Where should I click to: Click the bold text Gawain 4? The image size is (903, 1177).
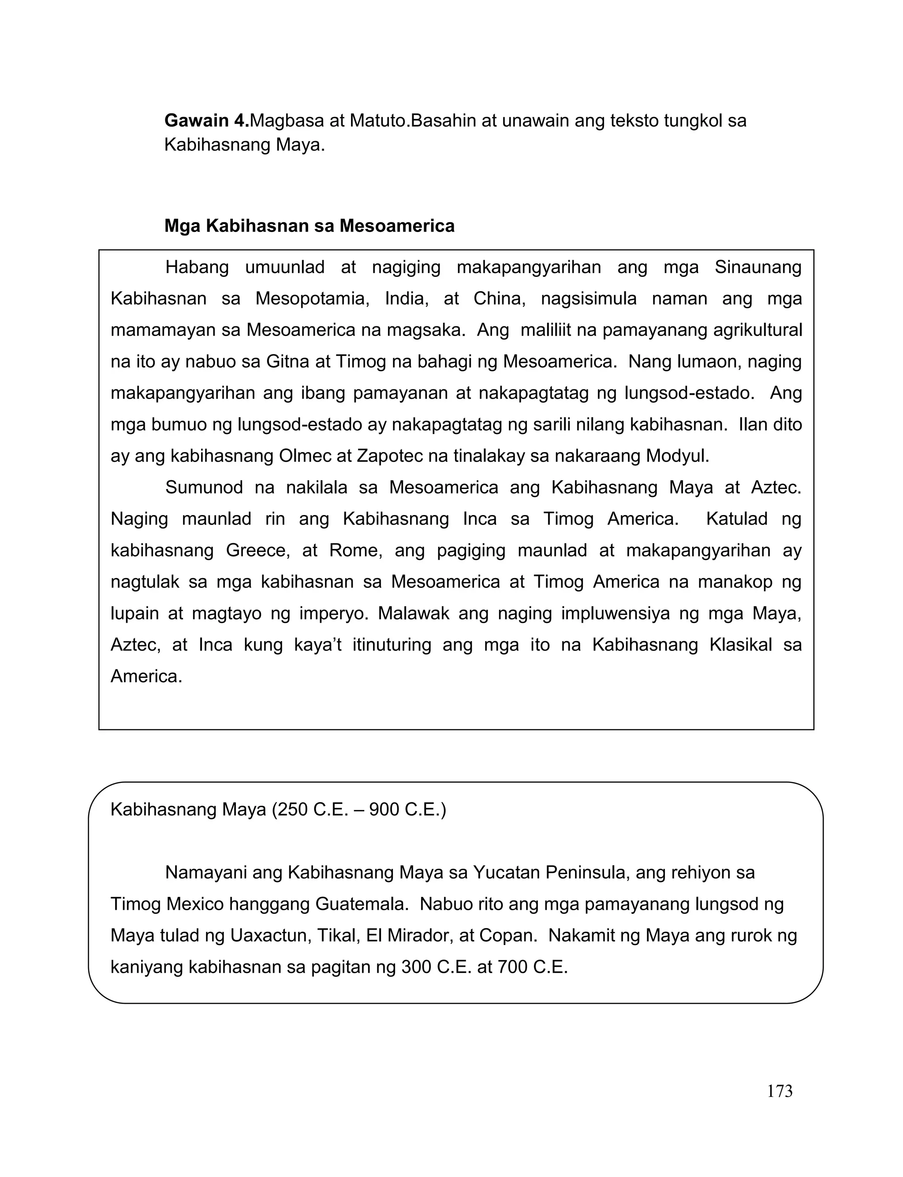point(206,120)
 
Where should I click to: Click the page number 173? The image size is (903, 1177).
point(780,1091)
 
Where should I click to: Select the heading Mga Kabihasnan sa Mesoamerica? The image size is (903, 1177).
point(309,226)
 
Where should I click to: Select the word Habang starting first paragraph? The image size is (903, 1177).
point(197,267)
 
